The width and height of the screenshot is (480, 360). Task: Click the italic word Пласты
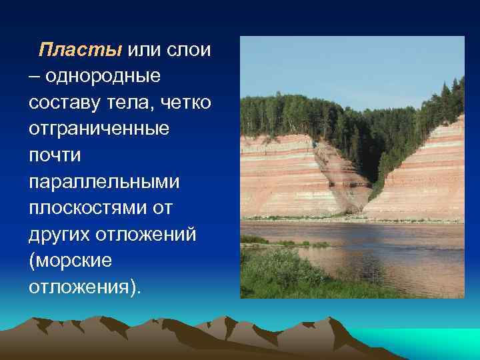coord(80,50)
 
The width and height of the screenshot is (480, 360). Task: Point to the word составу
coord(63,102)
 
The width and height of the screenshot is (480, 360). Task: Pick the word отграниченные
coord(99,128)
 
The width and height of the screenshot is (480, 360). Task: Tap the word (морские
coord(70,260)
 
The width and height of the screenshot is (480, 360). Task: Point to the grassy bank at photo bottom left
coord(280,280)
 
